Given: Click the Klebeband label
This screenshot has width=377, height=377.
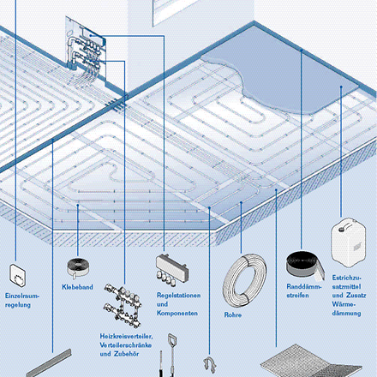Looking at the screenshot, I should [x=77, y=287].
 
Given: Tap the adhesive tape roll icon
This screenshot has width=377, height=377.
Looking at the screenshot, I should [x=77, y=267].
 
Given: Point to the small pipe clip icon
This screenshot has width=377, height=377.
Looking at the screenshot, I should [x=208, y=366].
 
